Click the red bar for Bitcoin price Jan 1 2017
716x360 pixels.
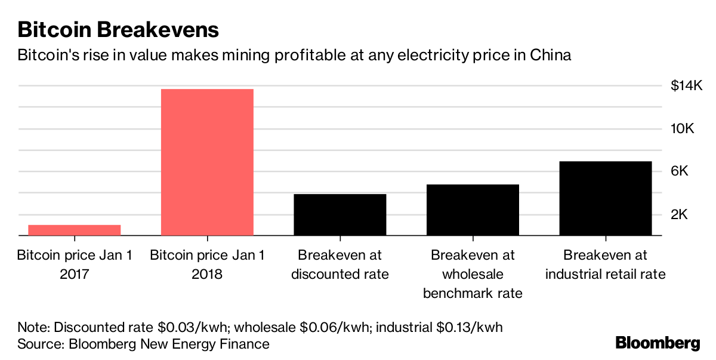pyautogui.click(x=75, y=230)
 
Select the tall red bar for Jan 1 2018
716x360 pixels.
pyautogui.click(x=207, y=162)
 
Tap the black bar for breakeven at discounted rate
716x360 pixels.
pyautogui.click(x=340, y=214)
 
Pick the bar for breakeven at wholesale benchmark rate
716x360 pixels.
pyautogui.click(x=473, y=210)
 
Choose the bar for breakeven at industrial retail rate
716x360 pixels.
pyautogui.click(x=606, y=198)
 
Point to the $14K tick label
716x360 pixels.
pyautogui.click(x=686, y=86)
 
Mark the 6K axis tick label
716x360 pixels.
pyautogui.click(x=680, y=171)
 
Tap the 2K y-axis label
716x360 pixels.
pyautogui.click(x=680, y=214)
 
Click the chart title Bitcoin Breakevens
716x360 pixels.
pyautogui.click(x=118, y=29)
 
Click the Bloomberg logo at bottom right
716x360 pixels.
pyautogui.click(x=658, y=343)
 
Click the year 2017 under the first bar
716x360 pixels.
pyautogui.click(x=75, y=275)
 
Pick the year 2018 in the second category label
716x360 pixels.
pyautogui.click(x=207, y=275)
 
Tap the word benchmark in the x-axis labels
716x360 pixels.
pyautogui.click(x=473, y=294)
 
